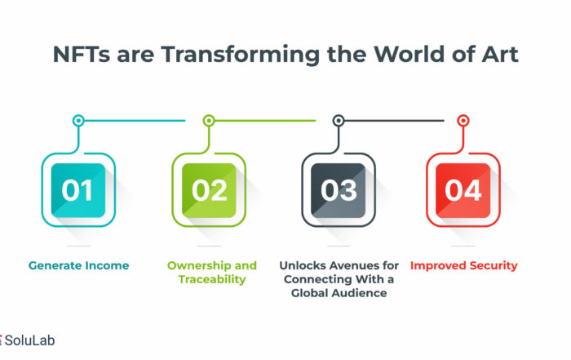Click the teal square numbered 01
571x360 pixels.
click(78, 190)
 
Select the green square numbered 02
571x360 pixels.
click(209, 190)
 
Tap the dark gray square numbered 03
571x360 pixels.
click(339, 190)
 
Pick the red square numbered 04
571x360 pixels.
click(463, 190)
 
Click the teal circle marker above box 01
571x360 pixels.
click(78, 120)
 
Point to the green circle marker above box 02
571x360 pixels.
click(209, 120)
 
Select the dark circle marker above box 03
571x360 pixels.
click(339, 120)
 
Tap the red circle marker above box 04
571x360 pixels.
click(463, 120)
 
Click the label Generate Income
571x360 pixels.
click(78, 265)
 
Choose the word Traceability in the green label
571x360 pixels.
click(212, 279)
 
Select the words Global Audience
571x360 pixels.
click(339, 293)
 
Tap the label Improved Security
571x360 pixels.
click(464, 265)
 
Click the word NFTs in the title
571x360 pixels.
click(82, 55)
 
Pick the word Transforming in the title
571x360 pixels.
click(241, 55)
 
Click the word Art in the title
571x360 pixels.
click(500, 55)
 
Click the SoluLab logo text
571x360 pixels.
click(29, 340)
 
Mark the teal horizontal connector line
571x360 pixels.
click(135, 120)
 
